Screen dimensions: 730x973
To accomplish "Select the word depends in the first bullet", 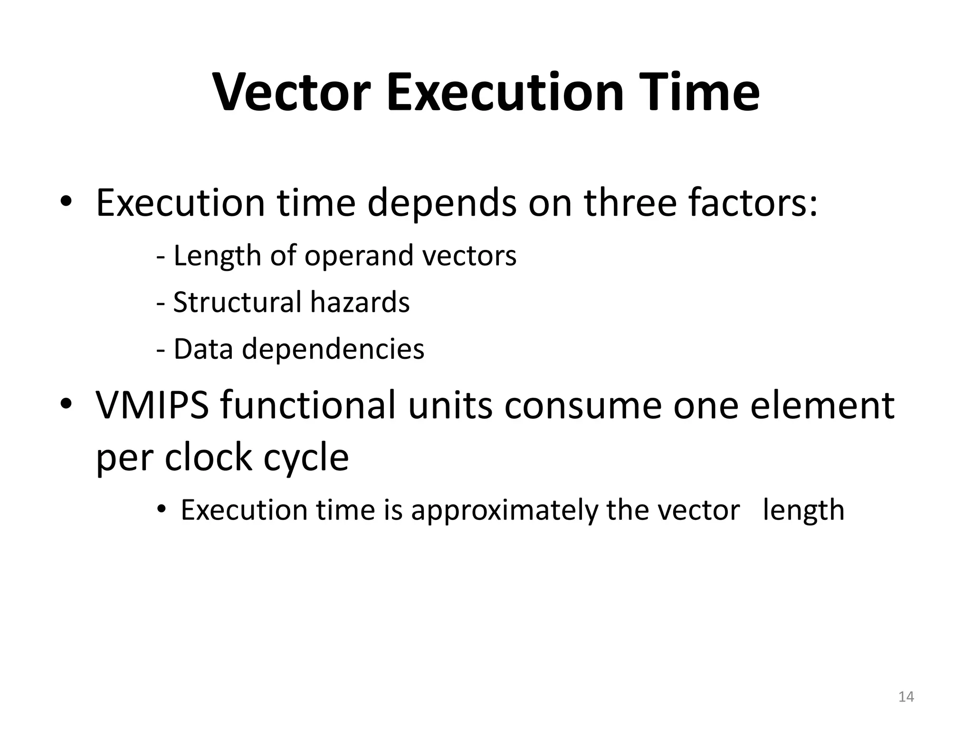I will coord(442,203).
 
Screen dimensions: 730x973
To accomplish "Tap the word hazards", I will coord(360,302).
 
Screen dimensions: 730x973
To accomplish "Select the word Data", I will coord(203,349).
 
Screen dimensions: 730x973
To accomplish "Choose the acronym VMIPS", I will coord(153,405).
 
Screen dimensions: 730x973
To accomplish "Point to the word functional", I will coord(308,405).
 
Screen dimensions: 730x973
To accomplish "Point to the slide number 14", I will coord(906,697).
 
